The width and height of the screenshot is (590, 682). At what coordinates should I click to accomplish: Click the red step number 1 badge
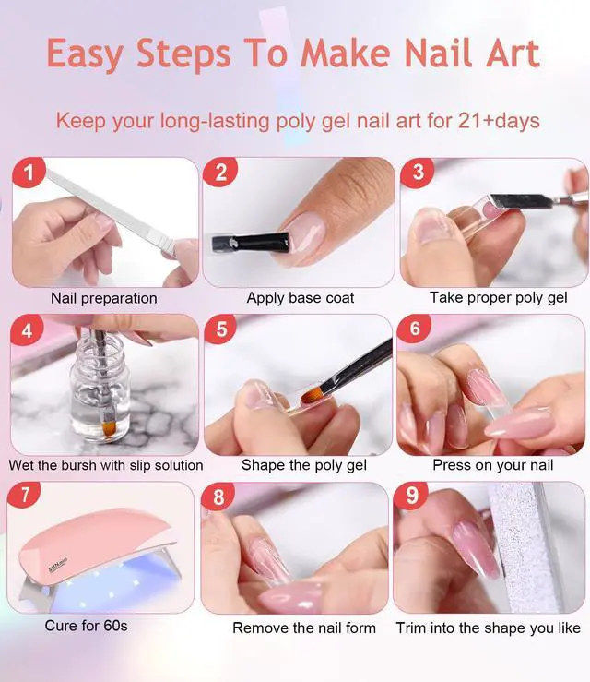point(30,173)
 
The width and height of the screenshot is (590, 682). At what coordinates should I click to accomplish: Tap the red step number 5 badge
point(220,329)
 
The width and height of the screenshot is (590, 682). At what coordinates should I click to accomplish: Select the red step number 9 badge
point(412,497)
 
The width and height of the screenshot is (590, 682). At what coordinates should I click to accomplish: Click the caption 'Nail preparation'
point(103,298)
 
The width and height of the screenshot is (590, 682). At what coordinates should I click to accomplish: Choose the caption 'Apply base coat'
point(301,298)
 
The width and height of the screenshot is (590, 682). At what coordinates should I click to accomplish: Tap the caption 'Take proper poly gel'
point(498,298)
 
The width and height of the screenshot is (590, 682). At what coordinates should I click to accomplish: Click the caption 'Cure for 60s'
point(86,626)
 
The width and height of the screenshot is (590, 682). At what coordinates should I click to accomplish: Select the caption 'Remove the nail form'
point(303,628)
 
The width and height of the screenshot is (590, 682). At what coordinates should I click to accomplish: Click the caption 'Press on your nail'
point(492,465)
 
